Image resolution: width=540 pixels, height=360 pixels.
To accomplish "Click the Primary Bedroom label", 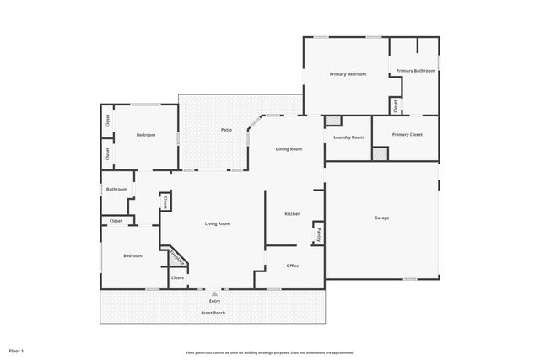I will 348,74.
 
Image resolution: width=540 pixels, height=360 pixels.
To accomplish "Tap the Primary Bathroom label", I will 415,71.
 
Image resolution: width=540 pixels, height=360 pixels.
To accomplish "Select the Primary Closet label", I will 407,134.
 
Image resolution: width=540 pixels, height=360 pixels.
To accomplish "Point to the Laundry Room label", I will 348,137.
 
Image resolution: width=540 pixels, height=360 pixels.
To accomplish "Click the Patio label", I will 226,130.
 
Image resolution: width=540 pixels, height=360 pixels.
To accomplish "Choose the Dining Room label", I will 289,149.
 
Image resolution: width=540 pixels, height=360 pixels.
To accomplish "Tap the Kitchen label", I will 292,214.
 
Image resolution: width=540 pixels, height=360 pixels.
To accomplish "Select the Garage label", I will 381,218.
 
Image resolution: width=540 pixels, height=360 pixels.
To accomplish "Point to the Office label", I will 292,266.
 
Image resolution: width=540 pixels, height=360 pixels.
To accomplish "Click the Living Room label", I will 218,223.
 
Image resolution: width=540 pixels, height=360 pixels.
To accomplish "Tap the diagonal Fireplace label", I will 177,257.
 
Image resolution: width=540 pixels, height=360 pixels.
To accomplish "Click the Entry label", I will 214,301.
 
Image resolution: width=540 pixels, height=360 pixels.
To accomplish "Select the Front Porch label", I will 213,314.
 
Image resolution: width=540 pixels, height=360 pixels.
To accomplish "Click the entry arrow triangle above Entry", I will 214,293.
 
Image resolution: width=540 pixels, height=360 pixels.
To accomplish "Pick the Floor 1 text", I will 16,350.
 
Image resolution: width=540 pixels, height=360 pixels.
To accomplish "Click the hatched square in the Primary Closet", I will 380,153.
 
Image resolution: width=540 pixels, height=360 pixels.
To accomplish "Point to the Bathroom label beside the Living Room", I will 116,189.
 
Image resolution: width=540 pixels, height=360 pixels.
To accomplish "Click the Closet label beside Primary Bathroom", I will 395,105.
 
